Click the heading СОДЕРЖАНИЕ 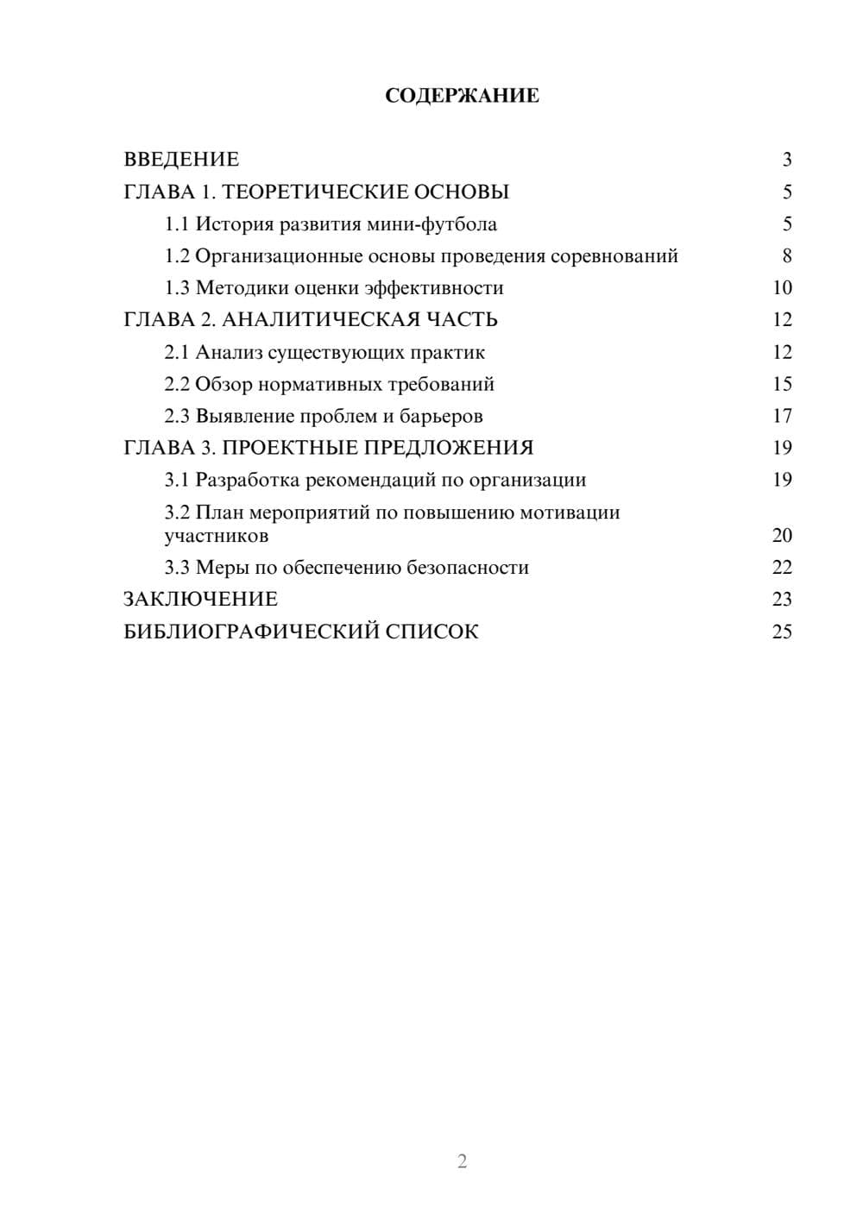[x=462, y=96]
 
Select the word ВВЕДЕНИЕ [x=181, y=160]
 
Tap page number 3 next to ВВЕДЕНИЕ [x=786, y=160]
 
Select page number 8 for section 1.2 [x=786, y=256]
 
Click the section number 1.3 [x=177, y=288]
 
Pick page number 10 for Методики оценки [x=782, y=288]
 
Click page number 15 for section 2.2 [x=782, y=384]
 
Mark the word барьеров [x=441, y=417]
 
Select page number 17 [x=782, y=416]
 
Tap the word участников [x=217, y=536]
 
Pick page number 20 [x=782, y=536]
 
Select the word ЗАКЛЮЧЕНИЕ [x=200, y=599]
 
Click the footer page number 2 [x=462, y=1161]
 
